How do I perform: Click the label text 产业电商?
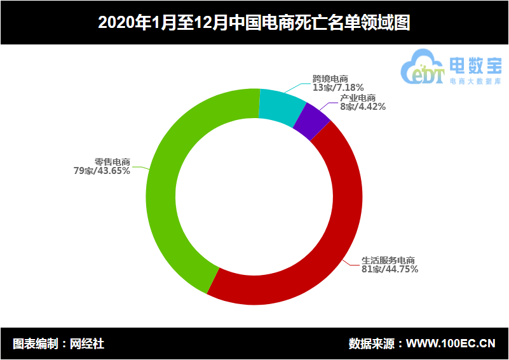tap(357, 98)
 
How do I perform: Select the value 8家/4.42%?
tap(362, 107)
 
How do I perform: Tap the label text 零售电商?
tap(112, 162)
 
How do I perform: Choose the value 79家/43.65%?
tap(102, 171)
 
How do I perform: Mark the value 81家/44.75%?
tap(390, 269)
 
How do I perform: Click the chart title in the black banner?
tap(254, 23)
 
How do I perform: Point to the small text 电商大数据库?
tap(475, 81)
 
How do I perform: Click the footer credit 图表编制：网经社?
tap(58, 344)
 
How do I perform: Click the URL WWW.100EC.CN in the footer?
tap(451, 344)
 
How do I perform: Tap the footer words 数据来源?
tap(371, 344)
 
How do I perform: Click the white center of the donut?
tap(254, 197)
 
